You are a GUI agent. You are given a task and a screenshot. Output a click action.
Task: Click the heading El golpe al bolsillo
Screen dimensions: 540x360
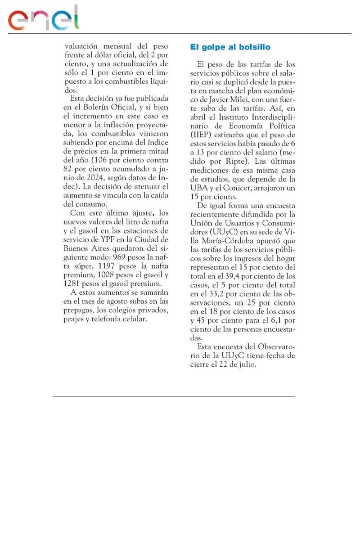(230, 47)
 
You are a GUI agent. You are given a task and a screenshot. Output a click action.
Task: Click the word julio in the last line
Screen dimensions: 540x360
(245, 365)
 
